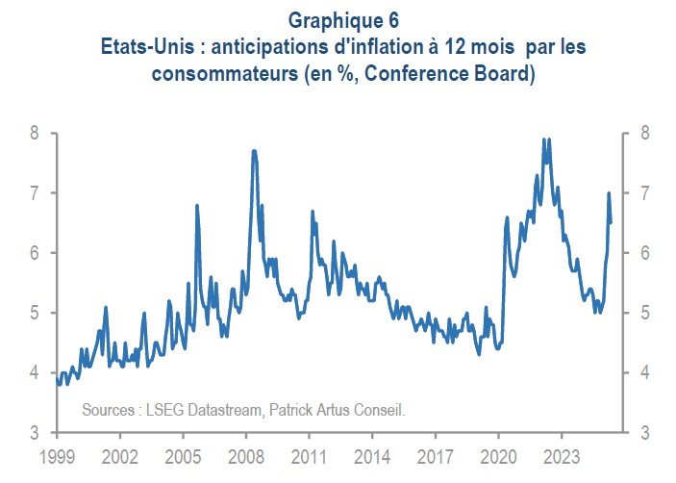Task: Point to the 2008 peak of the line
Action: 253,151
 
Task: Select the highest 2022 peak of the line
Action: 545,140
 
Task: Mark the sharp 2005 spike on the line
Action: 197,206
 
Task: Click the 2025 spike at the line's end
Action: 609,193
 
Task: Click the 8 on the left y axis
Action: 35,133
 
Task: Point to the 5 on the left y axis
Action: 35,313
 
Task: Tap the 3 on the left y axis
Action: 35,433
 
